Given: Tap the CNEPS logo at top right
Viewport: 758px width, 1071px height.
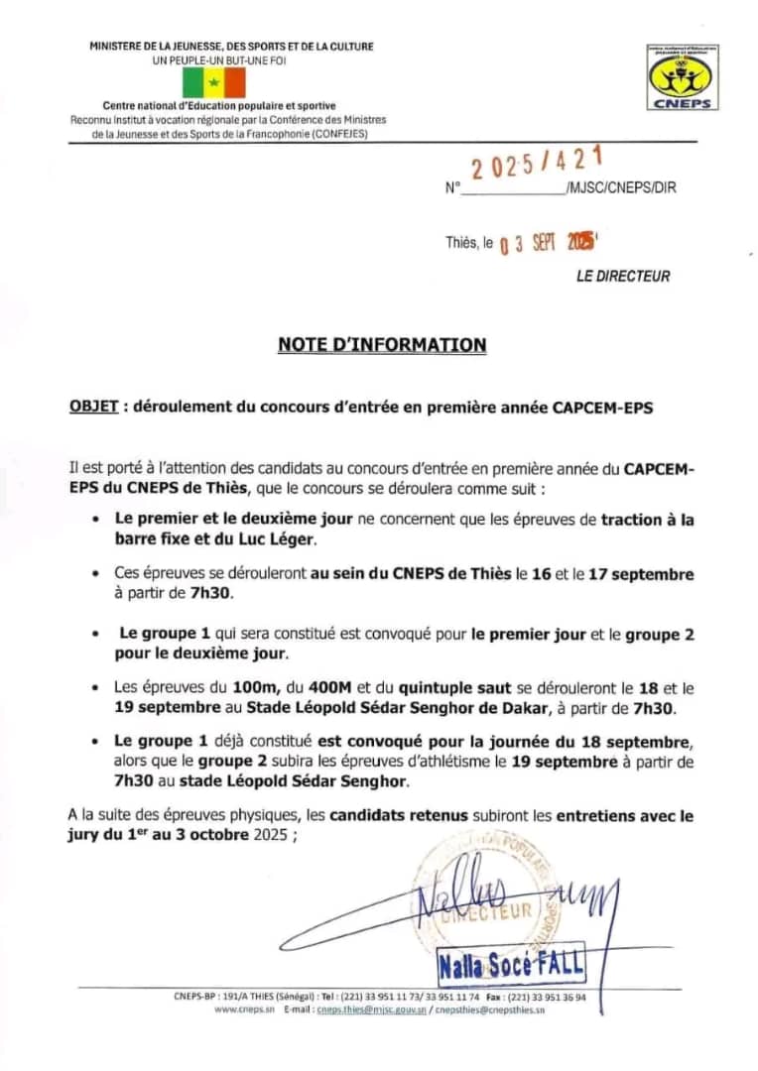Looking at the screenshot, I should click(x=683, y=77).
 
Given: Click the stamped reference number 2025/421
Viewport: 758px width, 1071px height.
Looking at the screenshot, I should click(x=536, y=163).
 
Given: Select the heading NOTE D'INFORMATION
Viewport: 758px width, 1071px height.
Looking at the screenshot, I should click(x=382, y=345).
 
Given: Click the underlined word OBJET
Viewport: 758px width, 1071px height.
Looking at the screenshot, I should click(x=93, y=408).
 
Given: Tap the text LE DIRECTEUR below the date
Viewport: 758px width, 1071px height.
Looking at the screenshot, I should click(x=623, y=277).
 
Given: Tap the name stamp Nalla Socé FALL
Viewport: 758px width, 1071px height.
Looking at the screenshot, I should click(x=511, y=963).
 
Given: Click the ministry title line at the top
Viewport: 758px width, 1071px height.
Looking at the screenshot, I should click(x=231, y=47).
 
